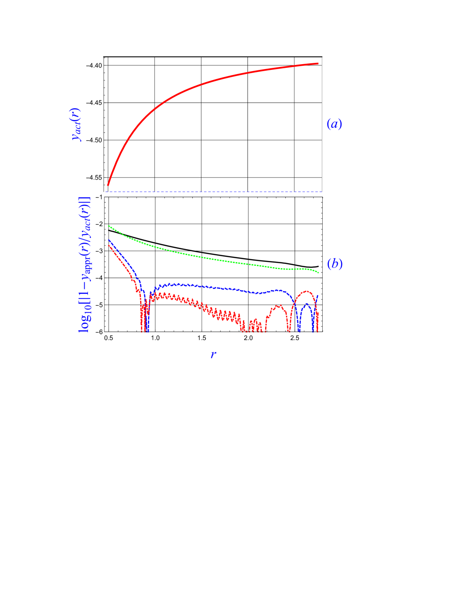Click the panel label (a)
(x=334, y=124)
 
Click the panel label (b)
(x=335, y=264)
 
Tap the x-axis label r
(x=213, y=354)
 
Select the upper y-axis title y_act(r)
(x=76, y=125)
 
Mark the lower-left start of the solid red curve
(x=108, y=186)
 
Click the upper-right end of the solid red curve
(x=318, y=63)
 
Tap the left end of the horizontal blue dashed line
(x=106, y=192)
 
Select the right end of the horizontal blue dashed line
(x=322, y=192)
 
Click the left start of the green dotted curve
(x=108, y=226)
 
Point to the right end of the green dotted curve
(x=318, y=273)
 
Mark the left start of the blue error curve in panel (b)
(x=109, y=240)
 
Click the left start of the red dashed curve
(x=109, y=245)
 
